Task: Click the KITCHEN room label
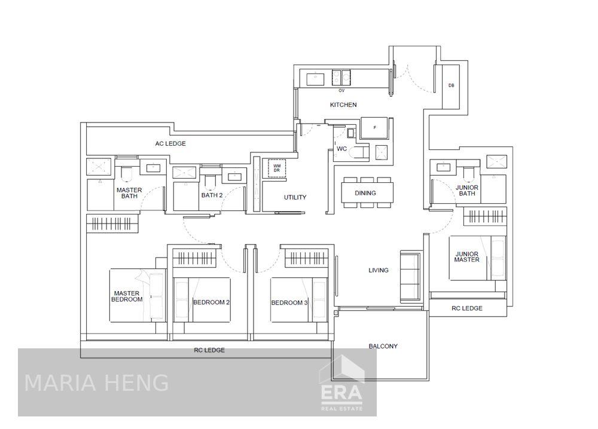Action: click(343, 105)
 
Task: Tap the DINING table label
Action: click(365, 193)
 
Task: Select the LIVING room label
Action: click(378, 271)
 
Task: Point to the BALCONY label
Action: click(383, 346)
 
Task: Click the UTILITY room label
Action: click(295, 197)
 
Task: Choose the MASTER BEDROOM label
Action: click(127, 296)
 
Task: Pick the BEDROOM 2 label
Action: click(211, 302)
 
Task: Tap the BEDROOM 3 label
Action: click(289, 302)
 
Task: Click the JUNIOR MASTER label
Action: click(466, 256)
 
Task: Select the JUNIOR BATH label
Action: click(466, 190)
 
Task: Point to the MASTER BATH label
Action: click(129, 193)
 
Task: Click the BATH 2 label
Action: click(212, 195)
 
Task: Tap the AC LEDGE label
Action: click(170, 143)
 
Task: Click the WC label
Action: click(342, 148)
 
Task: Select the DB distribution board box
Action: click(451, 86)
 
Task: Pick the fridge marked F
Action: click(375, 128)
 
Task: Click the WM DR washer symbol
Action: click(277, 168)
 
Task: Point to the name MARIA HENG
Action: click(96, 383)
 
